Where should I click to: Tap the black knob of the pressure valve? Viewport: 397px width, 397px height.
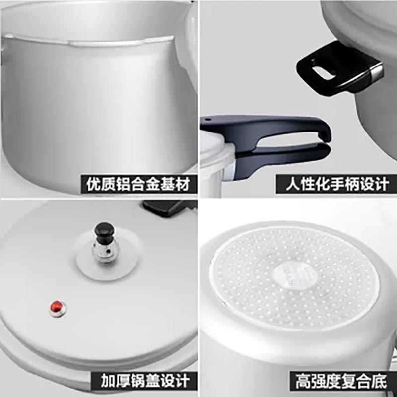(104, 230)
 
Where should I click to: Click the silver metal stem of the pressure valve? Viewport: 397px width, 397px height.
(103, 250)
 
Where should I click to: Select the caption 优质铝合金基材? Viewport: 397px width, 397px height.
(138, 184)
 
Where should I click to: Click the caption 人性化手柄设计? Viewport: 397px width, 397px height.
(337, 184)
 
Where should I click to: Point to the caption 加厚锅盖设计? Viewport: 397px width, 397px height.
(145, 381)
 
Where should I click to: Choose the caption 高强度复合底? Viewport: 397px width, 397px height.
(341, 381)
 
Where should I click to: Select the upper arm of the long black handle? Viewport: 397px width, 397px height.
(266, 127)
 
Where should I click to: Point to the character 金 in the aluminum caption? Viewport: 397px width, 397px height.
(153, 184)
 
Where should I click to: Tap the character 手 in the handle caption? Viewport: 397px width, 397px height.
(337, 184)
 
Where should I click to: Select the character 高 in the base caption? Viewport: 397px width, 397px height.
(303, 381)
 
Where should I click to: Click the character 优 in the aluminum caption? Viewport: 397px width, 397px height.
(94, 184)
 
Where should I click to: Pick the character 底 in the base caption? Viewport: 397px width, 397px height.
(380, 381)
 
